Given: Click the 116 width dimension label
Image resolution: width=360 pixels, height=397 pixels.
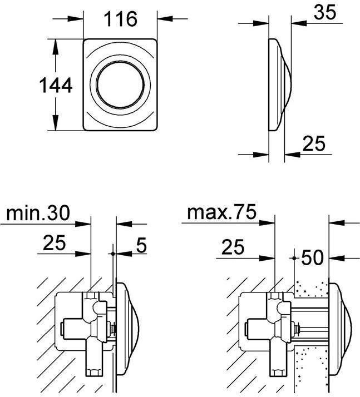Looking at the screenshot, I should [x=120, y=19].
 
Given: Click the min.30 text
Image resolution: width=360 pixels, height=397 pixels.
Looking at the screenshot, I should [x=38, y=213].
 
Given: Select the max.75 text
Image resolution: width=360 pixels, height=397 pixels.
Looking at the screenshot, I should [x=221, y=212].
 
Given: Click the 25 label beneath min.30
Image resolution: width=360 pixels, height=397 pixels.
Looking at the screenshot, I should [x=54, y=242].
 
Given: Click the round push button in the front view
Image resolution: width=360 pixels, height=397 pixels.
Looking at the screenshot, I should [x=120, y=85].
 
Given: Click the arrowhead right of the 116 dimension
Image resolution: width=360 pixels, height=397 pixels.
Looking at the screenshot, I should [x=165, y=18].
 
